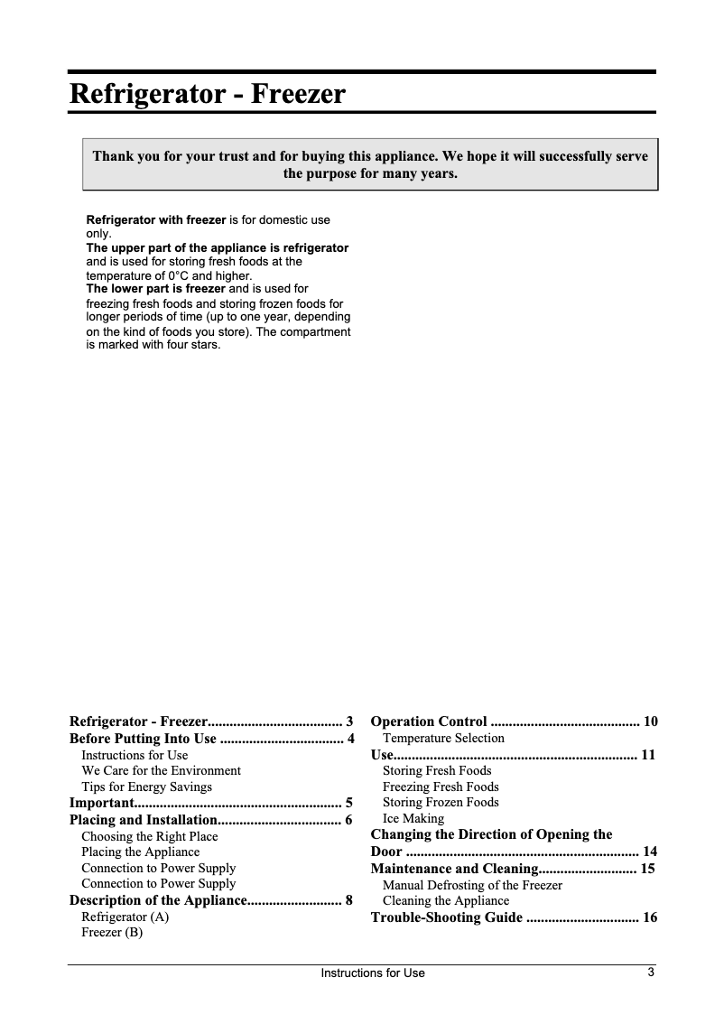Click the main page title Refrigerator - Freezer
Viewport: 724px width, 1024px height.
click(207, 94)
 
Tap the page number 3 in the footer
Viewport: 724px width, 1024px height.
click(650, 973)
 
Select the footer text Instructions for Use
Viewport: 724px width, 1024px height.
click(373, 973)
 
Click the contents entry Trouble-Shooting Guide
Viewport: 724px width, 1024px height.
click(446, 917)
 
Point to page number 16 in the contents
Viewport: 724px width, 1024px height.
click(649, 917)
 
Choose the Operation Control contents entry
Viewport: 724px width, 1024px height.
click(429, 721)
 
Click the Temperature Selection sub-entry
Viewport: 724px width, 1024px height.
click(443, 739)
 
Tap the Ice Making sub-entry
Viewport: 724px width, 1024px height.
click(413, 819)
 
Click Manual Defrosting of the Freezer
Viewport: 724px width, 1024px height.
click(472, 885)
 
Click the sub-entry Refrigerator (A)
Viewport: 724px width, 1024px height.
click(125, 917)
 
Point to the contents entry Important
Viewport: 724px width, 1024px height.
click(102, 802)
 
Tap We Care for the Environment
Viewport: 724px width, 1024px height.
click(161, 770)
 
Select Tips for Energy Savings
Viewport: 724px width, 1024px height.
click(146, 787)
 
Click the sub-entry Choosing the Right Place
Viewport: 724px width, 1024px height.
click(149, 836)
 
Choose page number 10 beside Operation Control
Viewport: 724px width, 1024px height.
click(650, 721)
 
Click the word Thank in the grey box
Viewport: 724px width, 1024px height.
click(114, 156)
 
